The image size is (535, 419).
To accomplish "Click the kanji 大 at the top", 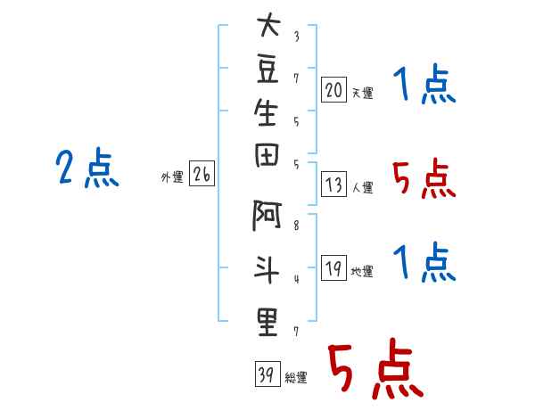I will pos(267,28).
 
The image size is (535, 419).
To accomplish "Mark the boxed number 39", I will pos(267,375).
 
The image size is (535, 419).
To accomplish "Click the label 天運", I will pos(363,93).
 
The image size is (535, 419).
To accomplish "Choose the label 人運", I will pos(363,188).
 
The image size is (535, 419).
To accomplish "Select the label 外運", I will pos(172,177).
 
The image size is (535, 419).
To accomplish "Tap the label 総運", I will pos(296,378).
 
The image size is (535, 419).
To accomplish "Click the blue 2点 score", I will pos(87,168).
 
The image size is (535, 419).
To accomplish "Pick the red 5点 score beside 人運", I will pos(424,180).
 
